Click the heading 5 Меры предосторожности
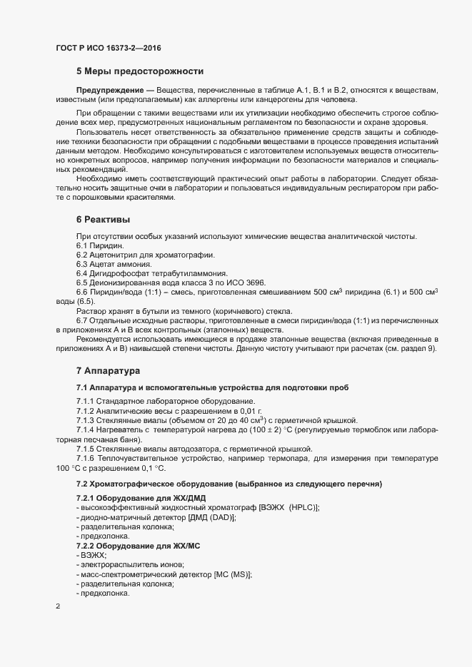pos(141,71)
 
